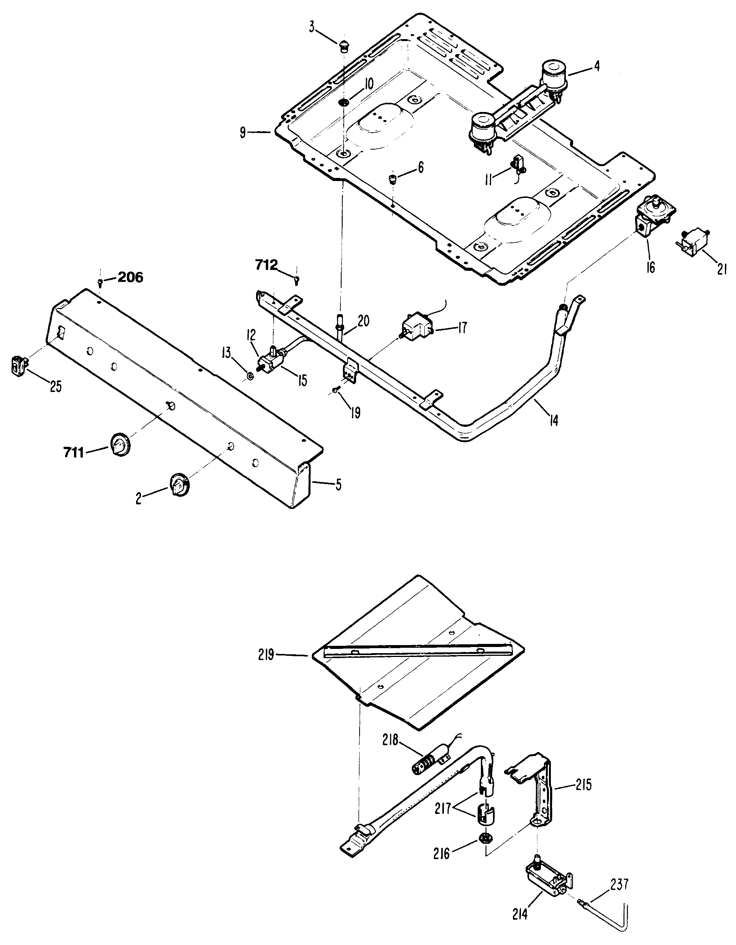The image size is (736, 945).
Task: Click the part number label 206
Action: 130,277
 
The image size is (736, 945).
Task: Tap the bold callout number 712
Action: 266,265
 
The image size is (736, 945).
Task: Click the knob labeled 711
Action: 119,444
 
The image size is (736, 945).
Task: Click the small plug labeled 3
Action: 344,45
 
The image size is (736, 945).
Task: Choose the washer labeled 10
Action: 344,102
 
